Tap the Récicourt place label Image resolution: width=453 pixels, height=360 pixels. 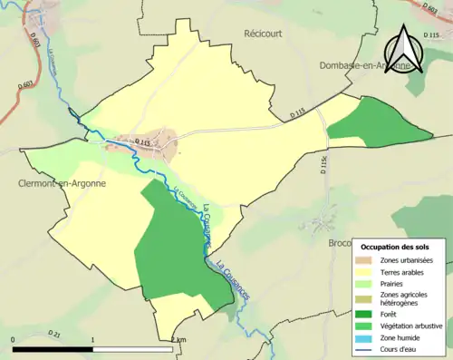click(265, 33)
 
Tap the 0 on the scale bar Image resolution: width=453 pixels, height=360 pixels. click(14, 338)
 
